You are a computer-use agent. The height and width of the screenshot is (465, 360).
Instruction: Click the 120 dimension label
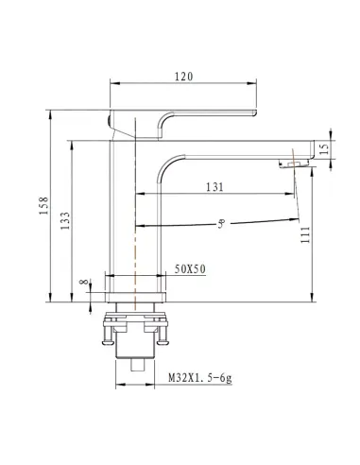[184, 77]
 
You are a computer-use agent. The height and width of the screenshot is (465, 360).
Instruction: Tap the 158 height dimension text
[43, 206]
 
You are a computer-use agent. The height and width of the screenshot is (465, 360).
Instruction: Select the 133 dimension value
[65, 220]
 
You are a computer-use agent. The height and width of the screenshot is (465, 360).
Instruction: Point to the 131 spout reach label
[214, 187]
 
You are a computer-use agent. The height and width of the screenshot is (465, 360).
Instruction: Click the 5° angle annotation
[222, 224]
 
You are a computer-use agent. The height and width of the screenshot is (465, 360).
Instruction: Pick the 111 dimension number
[305, 234]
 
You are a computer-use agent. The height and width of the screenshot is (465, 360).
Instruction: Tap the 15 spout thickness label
[324, 148]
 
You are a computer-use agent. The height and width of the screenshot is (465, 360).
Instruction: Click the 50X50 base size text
[190, 269]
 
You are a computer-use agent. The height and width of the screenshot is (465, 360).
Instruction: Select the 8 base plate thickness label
[84, 282]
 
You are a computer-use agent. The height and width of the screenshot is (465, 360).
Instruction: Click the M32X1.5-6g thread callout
[200, 377]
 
